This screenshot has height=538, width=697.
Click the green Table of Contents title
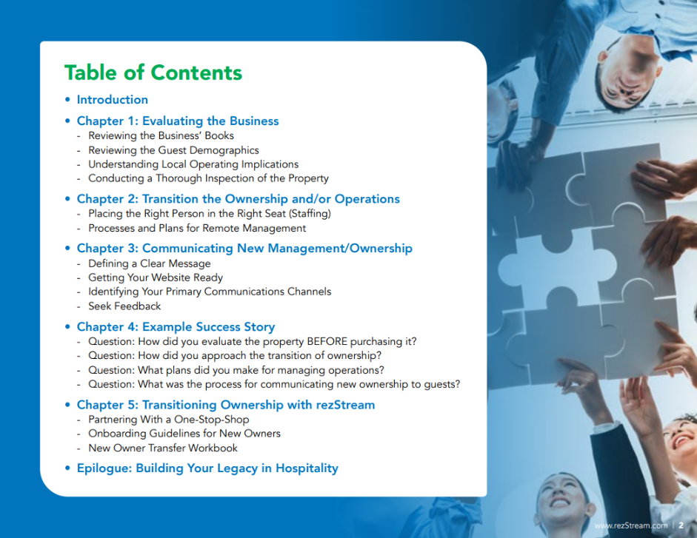point(153,73)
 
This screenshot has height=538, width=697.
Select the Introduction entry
point(113,99)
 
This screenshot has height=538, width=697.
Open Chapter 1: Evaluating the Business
point(178,121)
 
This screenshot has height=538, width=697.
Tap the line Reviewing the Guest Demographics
point(173,150)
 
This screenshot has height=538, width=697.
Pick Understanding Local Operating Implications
point(193,164)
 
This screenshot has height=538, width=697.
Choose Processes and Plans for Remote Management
point(197,228)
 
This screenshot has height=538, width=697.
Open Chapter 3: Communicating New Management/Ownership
point(244,249)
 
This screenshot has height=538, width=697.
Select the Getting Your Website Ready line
point(156,278)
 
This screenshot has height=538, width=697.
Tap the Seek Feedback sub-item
point(124,306)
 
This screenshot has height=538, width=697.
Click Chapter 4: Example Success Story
point(176,327)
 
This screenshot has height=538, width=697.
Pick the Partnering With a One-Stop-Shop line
point(168,420)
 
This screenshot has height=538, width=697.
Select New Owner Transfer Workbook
point(163,448)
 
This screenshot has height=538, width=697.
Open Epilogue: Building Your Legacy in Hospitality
point(207,468)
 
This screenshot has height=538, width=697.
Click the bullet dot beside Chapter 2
point(67,199)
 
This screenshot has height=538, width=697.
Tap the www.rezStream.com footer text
point(631,525)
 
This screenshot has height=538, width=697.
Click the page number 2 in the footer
point(681,525)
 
